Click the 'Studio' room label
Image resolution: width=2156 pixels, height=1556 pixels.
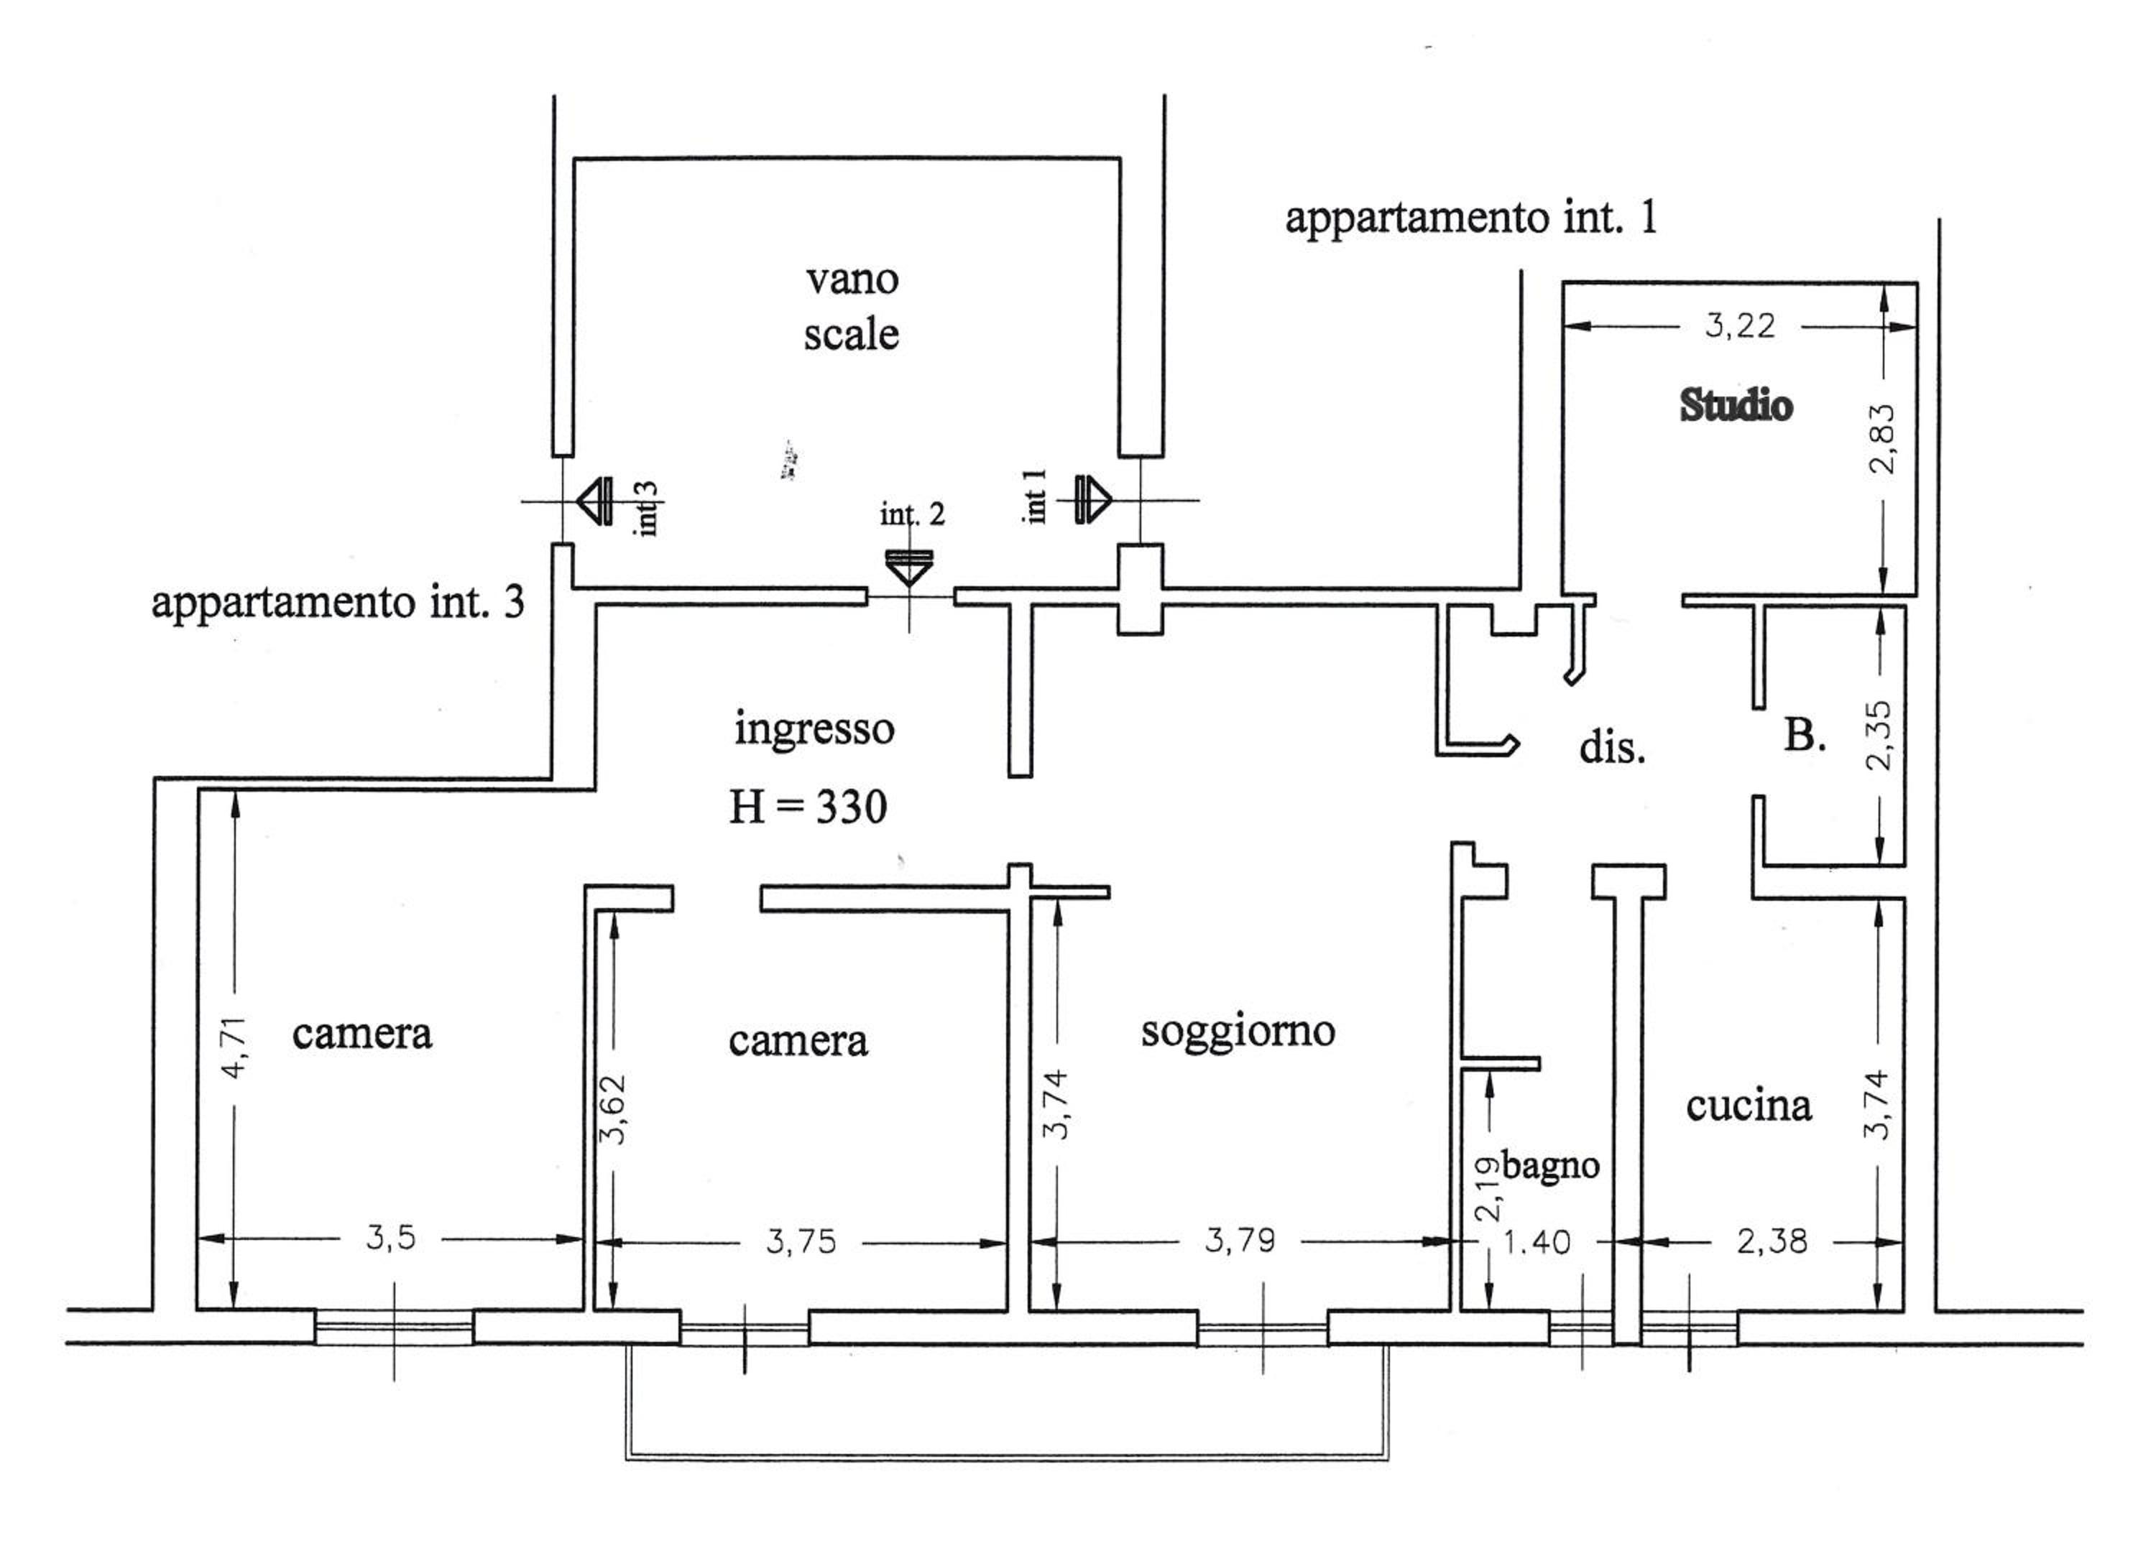click(x=1736, y=406)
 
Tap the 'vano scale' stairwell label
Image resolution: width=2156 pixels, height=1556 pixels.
click(x=852, y=307)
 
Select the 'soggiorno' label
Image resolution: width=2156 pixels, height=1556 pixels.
click(x=1238, y=1032)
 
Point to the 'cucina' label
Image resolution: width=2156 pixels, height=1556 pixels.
click(x=1749, y=1106)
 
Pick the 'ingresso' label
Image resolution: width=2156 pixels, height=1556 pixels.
click(x=815, y=730)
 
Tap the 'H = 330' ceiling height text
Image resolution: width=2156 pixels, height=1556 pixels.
click(x=808, y=807)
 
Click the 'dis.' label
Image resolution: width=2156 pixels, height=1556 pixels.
click(x=1611, y=748)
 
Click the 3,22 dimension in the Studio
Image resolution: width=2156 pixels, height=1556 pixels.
click(x=1740, y=326)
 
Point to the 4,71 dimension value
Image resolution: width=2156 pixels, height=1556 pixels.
click(x=235, y=1047)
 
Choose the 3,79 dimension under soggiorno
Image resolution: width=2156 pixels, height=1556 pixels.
click(x=1240, y=1241)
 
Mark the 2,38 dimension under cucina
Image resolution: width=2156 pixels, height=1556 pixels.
click(x=1772, y=1241)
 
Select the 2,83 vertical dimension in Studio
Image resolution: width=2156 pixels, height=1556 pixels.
click(x=1882, y=438)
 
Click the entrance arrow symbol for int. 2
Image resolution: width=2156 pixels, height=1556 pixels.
click(x=909, y=568)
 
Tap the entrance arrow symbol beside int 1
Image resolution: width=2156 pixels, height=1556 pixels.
click(x=1093, y=499)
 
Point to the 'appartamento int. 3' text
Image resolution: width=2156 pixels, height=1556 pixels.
click(x=338, y=603)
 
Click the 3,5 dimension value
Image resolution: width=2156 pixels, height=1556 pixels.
click(x=391, y=1238)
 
